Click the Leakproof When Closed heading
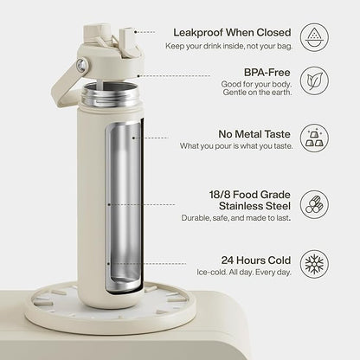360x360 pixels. pos(232,33)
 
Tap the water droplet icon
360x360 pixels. pos(314,38)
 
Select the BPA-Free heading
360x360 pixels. pos(267,72)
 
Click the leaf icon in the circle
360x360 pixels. pos(314,81)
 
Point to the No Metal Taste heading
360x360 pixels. pos(254,134)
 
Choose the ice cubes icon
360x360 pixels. pos(314,138)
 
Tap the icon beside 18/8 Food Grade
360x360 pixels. pos(314,204)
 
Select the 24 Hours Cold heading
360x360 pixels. pos(256,260)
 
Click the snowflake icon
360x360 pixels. pos(314,264)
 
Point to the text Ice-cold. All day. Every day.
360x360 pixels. pos(244,273)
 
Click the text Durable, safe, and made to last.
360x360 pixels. pos(236,218)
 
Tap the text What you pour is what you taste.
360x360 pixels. pos(236,146)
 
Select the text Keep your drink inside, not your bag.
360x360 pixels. pos(229,46)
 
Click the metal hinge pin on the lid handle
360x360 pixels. pos(82,65)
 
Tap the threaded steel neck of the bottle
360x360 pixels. pos(110,94)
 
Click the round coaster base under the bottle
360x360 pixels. pos(110,306)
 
